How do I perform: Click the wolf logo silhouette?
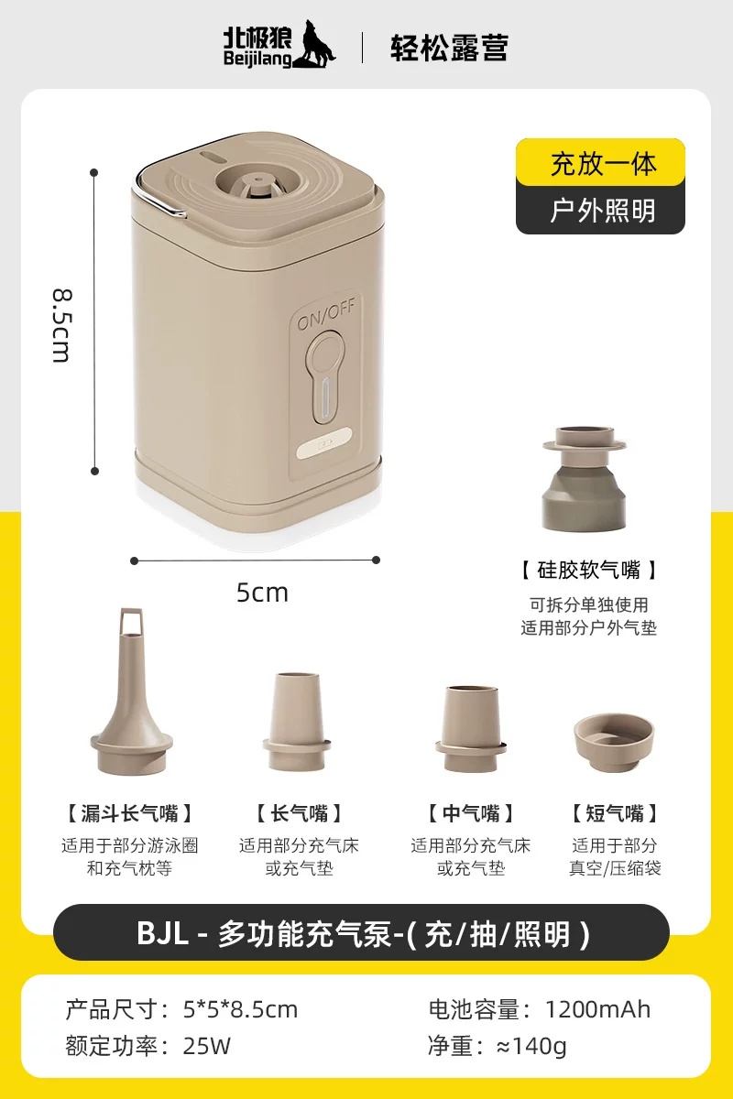pos(312,44)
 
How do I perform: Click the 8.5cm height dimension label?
pos(62,326)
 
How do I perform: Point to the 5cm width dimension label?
pos(262,593)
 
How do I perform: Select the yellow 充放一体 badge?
pos(600,162)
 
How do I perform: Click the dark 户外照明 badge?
pos(600,210)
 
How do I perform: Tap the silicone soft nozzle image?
pos(585,478)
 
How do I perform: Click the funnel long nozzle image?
pos(131,691)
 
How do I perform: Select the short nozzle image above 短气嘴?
pos(614,743)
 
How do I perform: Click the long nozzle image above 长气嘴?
pos(297,722)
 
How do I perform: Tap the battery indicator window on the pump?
pos(324,444)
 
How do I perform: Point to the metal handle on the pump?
pos(156,201)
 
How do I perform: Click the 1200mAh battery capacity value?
pos(597,1009)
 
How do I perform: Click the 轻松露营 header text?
pos(449,48)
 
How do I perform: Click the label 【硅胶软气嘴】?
pos(588,570)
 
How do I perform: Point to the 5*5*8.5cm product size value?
pos(241,1009)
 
